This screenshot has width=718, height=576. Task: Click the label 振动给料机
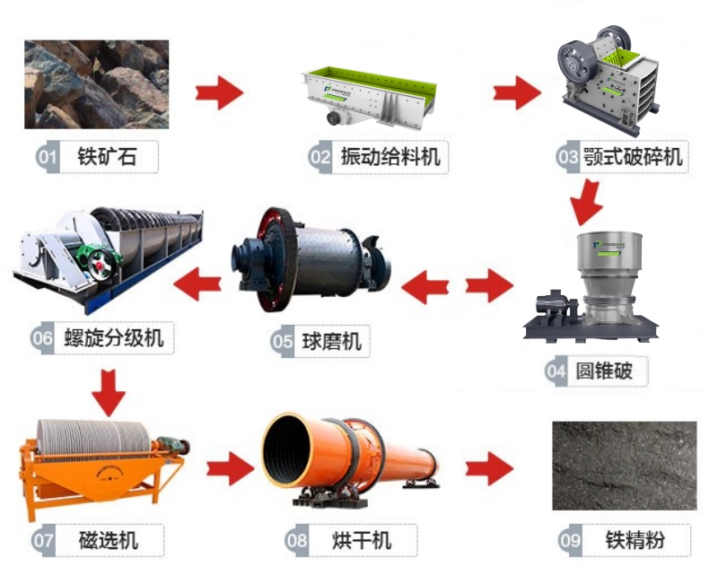[x=390, y=157]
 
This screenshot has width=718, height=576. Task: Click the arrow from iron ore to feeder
[x=219, y=92]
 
